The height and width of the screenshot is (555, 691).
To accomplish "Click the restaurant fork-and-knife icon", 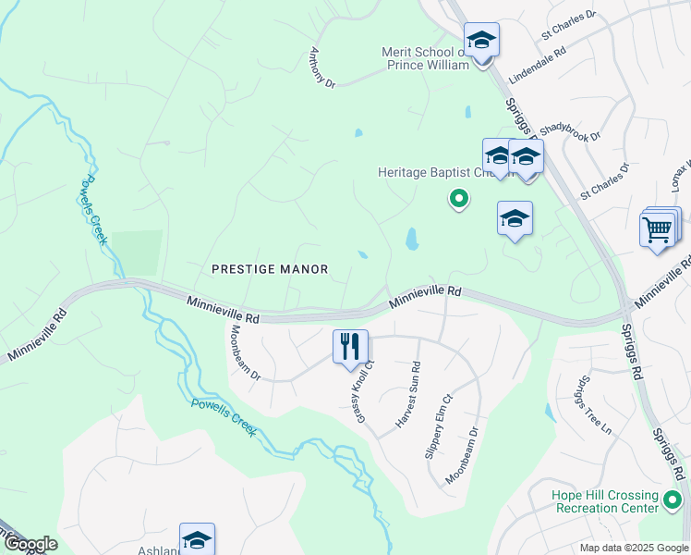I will (350, 347).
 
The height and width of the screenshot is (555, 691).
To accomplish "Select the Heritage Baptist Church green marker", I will (457, 198).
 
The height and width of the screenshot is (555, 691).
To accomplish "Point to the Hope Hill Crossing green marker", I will (673, 502).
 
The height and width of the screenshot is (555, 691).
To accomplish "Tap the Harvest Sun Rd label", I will (407, 394).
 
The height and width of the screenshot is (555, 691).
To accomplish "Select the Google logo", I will (30, 544).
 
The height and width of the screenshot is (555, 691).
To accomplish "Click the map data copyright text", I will (635, 548).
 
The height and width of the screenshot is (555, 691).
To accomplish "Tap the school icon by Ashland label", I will (197, 539).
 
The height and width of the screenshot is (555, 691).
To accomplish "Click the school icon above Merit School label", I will (480, 40).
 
